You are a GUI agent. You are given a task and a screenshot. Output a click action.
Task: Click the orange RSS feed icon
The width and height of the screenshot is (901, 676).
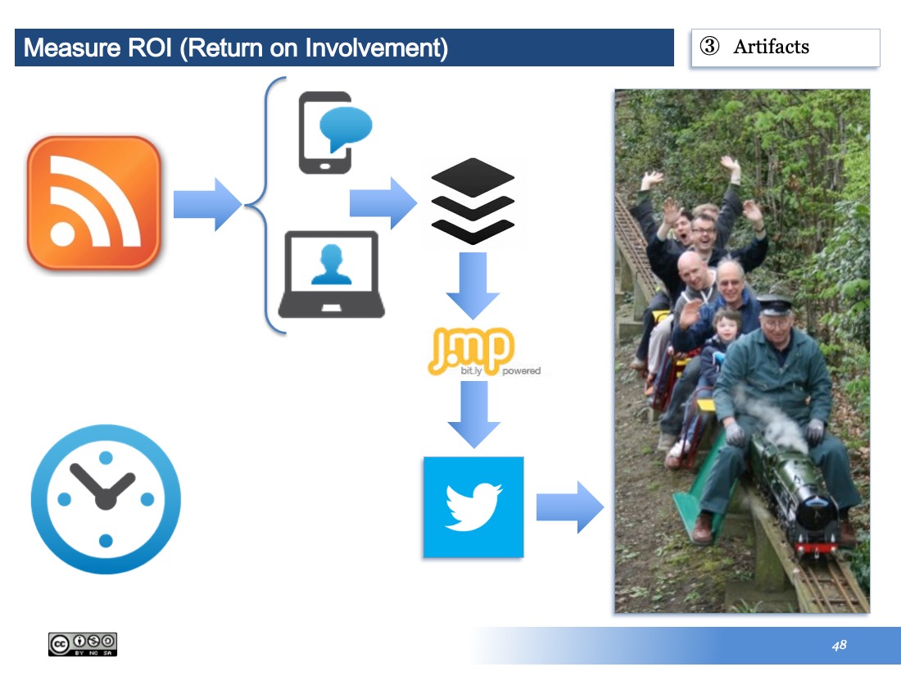coord(93,202)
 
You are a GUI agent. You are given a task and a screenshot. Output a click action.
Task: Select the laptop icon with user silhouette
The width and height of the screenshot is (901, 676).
coord(332,274)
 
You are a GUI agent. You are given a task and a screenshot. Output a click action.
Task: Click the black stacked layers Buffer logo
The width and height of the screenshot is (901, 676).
coord(473,202)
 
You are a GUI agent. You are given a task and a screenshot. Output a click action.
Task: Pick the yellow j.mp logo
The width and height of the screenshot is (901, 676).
coord(471,351)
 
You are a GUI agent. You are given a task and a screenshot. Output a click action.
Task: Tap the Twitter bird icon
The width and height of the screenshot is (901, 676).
coord(473,507)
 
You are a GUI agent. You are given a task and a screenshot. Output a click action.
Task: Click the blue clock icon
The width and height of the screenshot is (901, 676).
coord(106,499)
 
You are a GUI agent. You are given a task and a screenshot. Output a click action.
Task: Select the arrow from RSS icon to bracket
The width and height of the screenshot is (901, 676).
coord(207,204)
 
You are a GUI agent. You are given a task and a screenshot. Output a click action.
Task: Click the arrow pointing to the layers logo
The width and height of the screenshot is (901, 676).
coord(383,203)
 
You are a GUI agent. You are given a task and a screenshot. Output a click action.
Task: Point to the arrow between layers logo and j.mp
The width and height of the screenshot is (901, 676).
coord(473,286)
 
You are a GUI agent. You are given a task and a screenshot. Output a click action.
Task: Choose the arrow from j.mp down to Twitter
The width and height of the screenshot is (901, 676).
coord(474,415)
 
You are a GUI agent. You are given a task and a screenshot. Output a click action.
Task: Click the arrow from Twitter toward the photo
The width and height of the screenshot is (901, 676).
coord(570,507)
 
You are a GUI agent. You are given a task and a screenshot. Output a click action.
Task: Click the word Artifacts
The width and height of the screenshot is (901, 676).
coord(771,47)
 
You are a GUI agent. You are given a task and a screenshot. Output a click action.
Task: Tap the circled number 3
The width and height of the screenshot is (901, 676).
coord(709,46)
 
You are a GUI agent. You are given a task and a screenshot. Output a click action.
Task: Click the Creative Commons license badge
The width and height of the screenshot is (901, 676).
coord(83,644)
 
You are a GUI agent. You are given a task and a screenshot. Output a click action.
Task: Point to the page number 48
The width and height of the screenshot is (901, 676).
coord(839,645)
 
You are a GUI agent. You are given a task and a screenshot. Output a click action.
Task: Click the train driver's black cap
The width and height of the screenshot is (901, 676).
coord(774,306)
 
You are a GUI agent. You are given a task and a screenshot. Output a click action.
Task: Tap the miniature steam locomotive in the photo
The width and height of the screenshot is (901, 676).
coord(799,494)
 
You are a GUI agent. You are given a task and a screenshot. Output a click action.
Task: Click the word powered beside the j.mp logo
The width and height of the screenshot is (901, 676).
coord(521,370)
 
